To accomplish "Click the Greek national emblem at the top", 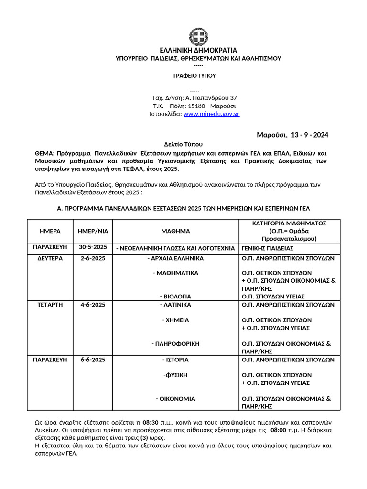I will [198, 37].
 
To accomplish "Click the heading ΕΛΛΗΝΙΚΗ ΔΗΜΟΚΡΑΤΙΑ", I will [198, 50].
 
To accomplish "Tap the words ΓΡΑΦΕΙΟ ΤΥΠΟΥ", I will [194, 75].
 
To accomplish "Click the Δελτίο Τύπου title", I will [183, 144].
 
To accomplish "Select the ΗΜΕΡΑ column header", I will [50, 231].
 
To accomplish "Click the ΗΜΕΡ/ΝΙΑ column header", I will [93, 231].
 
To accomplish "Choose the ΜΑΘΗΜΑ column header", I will [175, 231].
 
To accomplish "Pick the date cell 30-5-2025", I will [93, 247].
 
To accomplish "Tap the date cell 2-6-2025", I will [93, 258].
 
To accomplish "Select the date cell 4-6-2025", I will [93, 305].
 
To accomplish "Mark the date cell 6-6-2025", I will [93, 360].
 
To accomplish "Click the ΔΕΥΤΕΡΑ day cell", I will [50, 258].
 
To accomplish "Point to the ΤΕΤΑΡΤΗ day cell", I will [50, 305].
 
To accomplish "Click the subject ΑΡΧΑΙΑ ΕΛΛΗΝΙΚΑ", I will [176, 258].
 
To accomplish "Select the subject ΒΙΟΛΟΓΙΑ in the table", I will [175, 296].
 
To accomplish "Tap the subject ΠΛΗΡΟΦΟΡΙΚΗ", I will [175, 343].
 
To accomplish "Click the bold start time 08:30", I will [151, 423].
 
